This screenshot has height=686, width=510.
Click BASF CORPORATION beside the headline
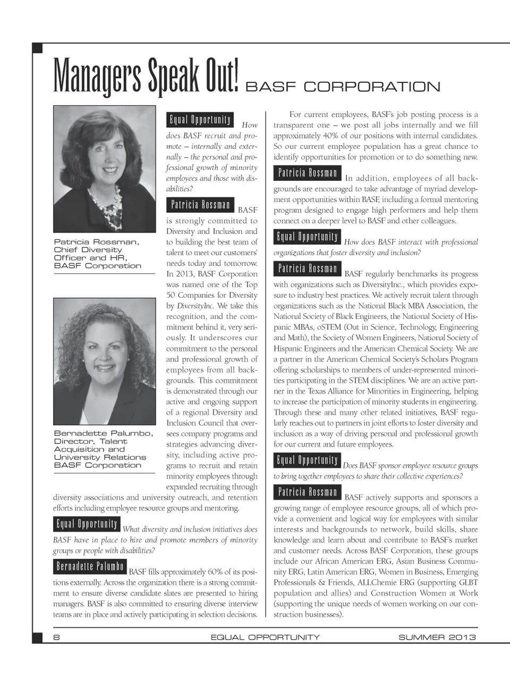tap(343, 87)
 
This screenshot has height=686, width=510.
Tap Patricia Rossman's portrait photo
tap(104, 169)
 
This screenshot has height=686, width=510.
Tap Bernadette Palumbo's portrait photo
tap(104, 361)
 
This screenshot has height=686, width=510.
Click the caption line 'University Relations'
tap(100, 457)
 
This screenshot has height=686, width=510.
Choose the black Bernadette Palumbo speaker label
tap(90, 567)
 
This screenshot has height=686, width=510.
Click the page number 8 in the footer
tap(56, 637)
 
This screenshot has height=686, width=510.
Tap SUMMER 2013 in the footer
tap(437, 637)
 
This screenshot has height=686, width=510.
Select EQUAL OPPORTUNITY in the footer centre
tap(265, 637)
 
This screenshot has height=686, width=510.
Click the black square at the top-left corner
tap(37, 48)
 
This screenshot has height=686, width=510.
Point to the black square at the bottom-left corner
tap(37, 637)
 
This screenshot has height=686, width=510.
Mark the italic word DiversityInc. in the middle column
tap(195, 306)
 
